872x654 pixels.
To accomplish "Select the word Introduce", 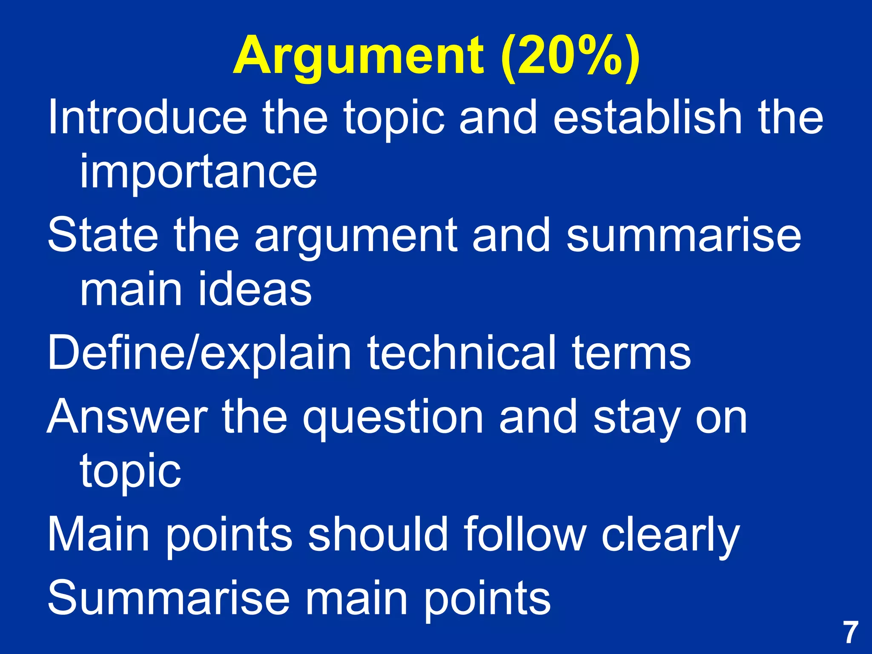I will coord(147,117).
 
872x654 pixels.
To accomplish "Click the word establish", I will coord(647,117).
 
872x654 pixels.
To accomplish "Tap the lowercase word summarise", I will coord(684,235).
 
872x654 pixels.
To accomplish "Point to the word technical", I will coord(462,353).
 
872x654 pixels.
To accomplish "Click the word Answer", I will coord(127,417).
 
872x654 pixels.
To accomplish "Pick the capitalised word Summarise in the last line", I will coord(168,598).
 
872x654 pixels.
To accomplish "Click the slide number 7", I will coord(851,633).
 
